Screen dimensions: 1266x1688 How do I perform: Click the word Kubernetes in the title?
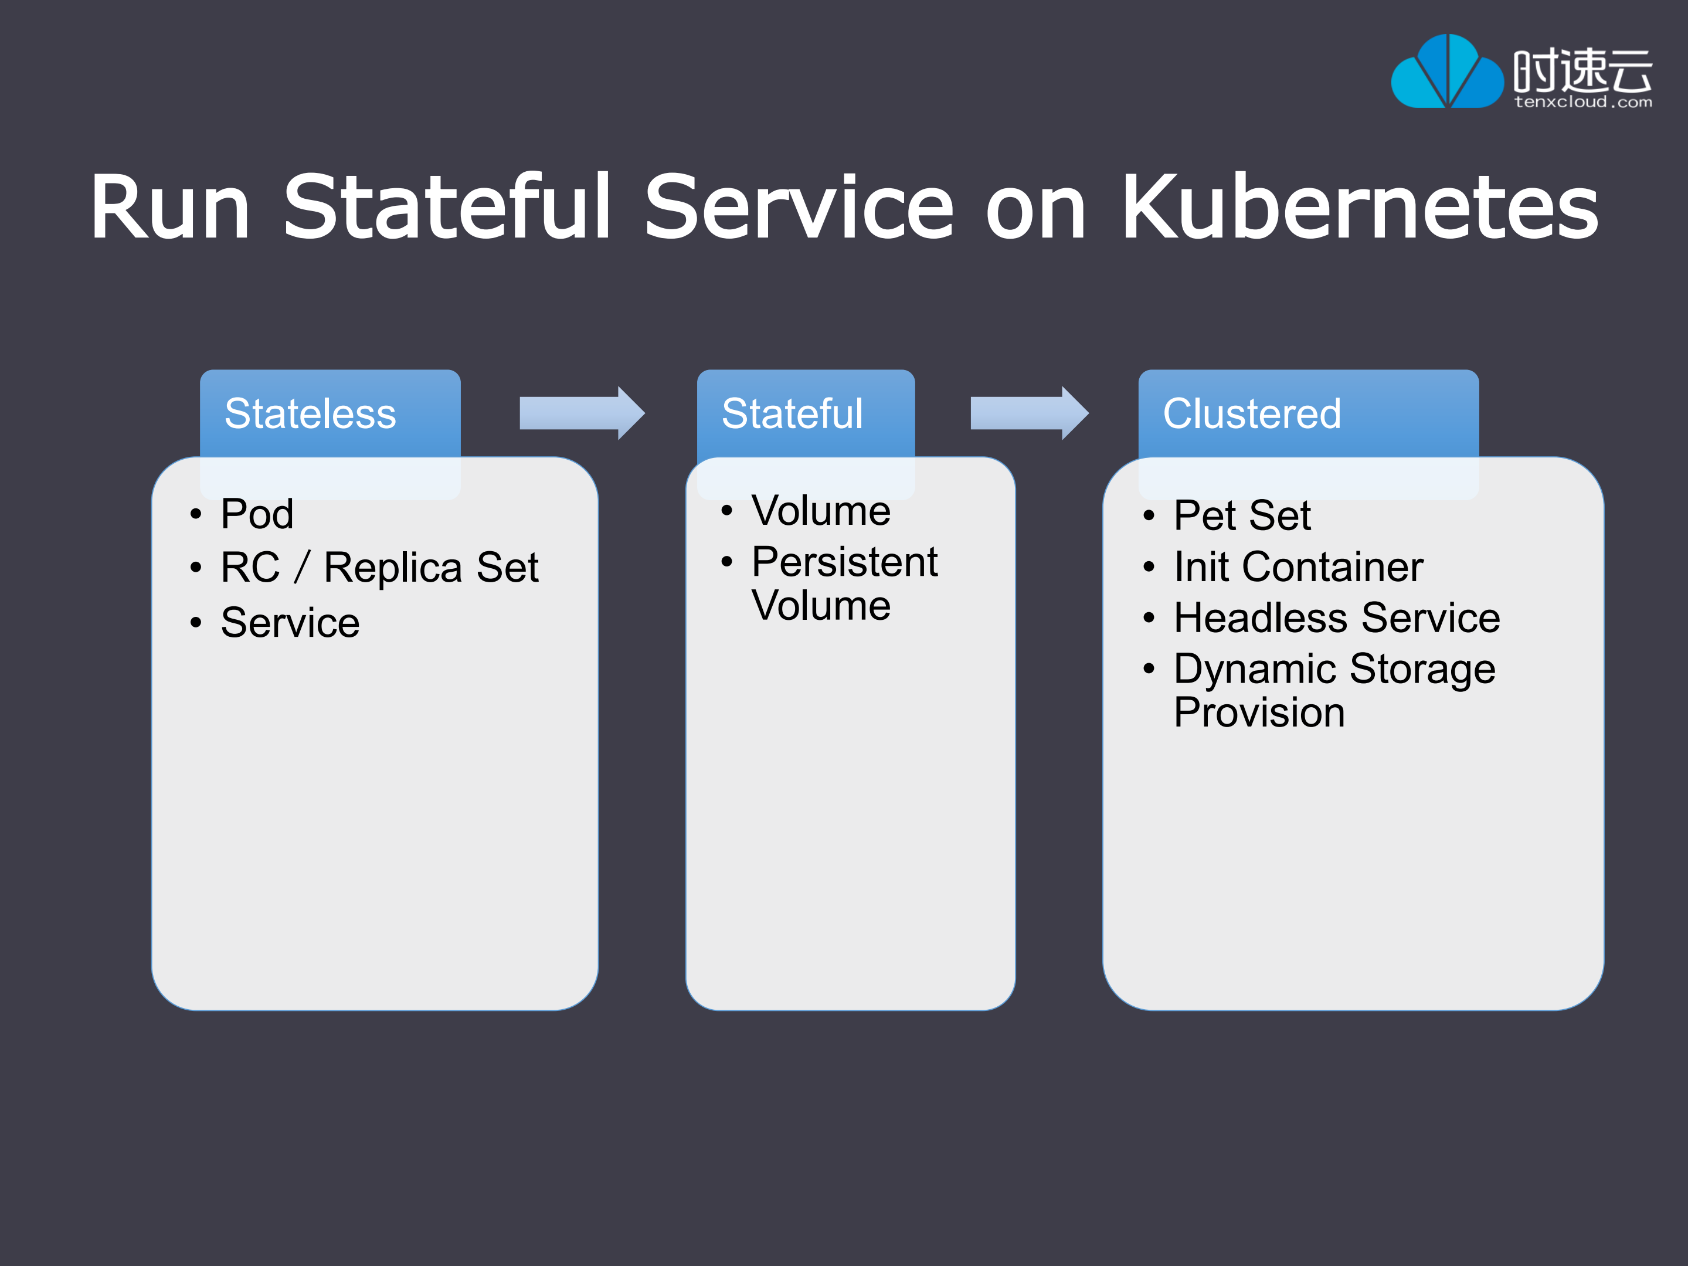tap(1359, 207)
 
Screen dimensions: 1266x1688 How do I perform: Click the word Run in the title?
tap(170, 207)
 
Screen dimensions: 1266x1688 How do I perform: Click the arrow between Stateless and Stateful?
tap(582, 413)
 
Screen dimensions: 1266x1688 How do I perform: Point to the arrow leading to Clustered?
tap(1028, 413)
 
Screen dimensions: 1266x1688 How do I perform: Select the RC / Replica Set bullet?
tap(379, 568)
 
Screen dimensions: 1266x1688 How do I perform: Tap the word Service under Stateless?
tap(290, 623)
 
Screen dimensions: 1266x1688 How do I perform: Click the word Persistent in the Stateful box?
tap(844, 562)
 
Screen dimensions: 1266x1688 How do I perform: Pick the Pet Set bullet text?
tap(1242, 515)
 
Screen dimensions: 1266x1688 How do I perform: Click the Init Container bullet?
tap(1298, 567)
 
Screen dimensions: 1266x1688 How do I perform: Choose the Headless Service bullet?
tap(1336, 617)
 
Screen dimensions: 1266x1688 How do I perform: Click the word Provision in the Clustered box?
tap(1259, 712)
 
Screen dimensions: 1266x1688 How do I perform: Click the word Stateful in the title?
tap(446, 207)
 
